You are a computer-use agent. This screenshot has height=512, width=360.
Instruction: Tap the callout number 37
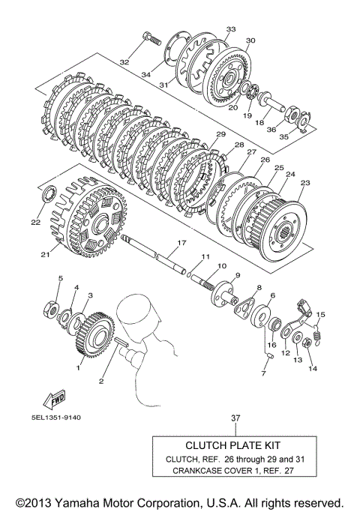click(x=235, y=418)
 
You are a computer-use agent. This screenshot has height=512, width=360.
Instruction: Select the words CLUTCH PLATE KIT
click(x=233, y=445)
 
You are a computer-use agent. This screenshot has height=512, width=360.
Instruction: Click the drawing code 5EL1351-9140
click(x=56, y=418)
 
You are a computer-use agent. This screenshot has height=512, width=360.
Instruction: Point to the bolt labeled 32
click(x=151, y=38)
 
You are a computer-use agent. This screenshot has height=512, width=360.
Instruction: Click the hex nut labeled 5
click(x=51, y=309)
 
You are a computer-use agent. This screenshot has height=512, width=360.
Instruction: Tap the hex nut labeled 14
click(x=307, y=343)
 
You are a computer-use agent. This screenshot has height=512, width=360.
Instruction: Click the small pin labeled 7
click(x=269, y=355)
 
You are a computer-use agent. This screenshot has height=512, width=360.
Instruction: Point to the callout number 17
click(x=181, y=243)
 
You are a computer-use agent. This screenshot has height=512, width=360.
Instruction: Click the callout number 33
click(x=231, y=29)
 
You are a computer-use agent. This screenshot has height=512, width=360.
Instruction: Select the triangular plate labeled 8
click(x=243, y=305)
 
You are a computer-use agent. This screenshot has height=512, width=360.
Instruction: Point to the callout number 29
click(x=220, y=134)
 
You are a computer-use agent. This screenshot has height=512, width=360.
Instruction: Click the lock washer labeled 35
click(x=304, y=121)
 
